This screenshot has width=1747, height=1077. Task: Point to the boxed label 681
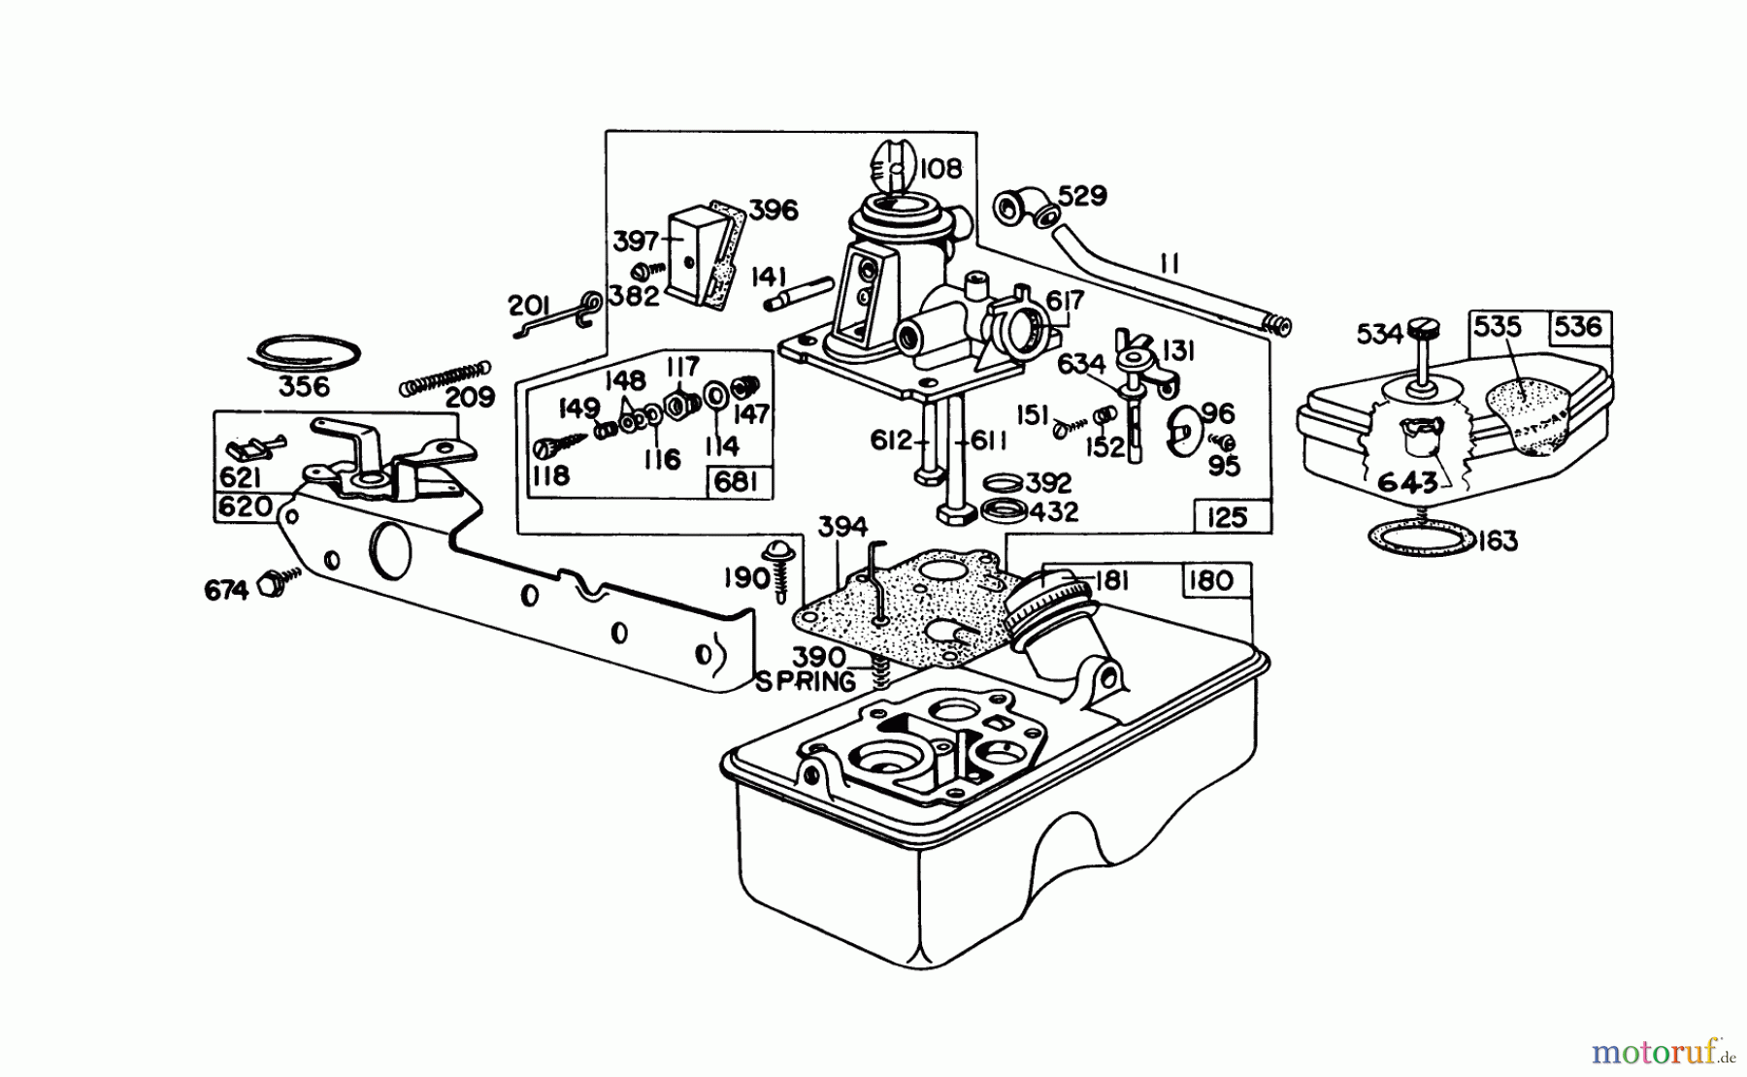pyautogui.click(x=737, y=482)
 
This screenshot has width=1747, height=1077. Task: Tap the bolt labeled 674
pyautogui.click(x=273, y=585)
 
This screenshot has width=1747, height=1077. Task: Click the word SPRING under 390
pyautogui.click(x=806, y=682)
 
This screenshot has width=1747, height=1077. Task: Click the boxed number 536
pyautogui.click(x=1578, y=327)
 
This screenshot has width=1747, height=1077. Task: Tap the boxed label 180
pyautogui.click(x=1209, y=580)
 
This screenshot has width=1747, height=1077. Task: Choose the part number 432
pyautogui.click(x=1053, y=511)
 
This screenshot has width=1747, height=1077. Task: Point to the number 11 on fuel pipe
pyautogui.click(x=1169, y=263)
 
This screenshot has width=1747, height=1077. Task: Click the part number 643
pyautogui.click(x=1407, y=480)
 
